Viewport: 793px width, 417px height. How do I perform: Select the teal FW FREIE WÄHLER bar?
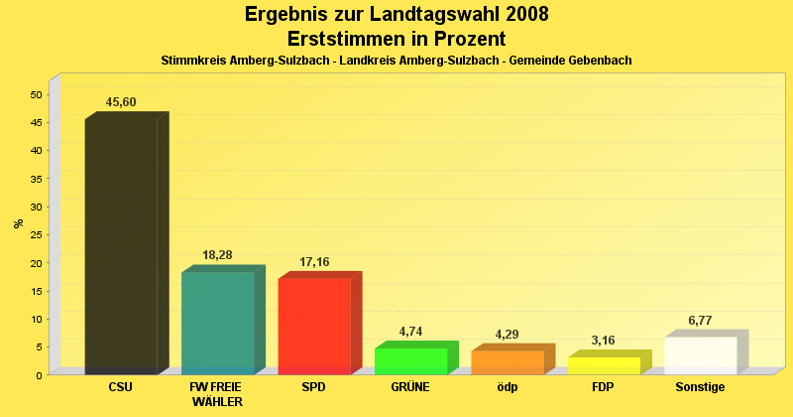(x=218, y=323)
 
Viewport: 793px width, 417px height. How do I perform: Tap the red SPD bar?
(x=314, y=326)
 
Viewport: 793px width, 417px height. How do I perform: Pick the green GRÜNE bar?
(x=410, y=360)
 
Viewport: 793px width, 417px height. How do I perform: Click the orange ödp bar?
(x=508, y=361)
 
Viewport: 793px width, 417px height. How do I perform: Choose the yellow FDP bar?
(x=604, y=364)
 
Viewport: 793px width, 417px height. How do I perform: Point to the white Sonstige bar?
(x=701, y=354)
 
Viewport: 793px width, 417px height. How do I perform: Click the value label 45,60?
(x=122, y=102)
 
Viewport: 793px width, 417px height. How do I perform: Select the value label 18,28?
(x=217, y=255)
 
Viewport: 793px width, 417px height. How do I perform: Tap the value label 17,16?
(x=314, y=262)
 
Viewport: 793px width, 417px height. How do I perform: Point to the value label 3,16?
(x=603, y=341)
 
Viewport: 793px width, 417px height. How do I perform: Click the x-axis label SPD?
(x=313, y=387)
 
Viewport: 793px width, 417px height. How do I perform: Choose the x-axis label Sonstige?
(x=700, y=387)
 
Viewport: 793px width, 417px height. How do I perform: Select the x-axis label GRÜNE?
(x=410, y=387)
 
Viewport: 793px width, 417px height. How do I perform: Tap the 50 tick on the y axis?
(x=36, y=94)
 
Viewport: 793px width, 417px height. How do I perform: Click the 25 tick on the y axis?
(x=36, y=234)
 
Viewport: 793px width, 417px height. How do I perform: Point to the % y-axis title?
(x=19, y=222)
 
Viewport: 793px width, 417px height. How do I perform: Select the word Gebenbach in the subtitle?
(x=599, y=61)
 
